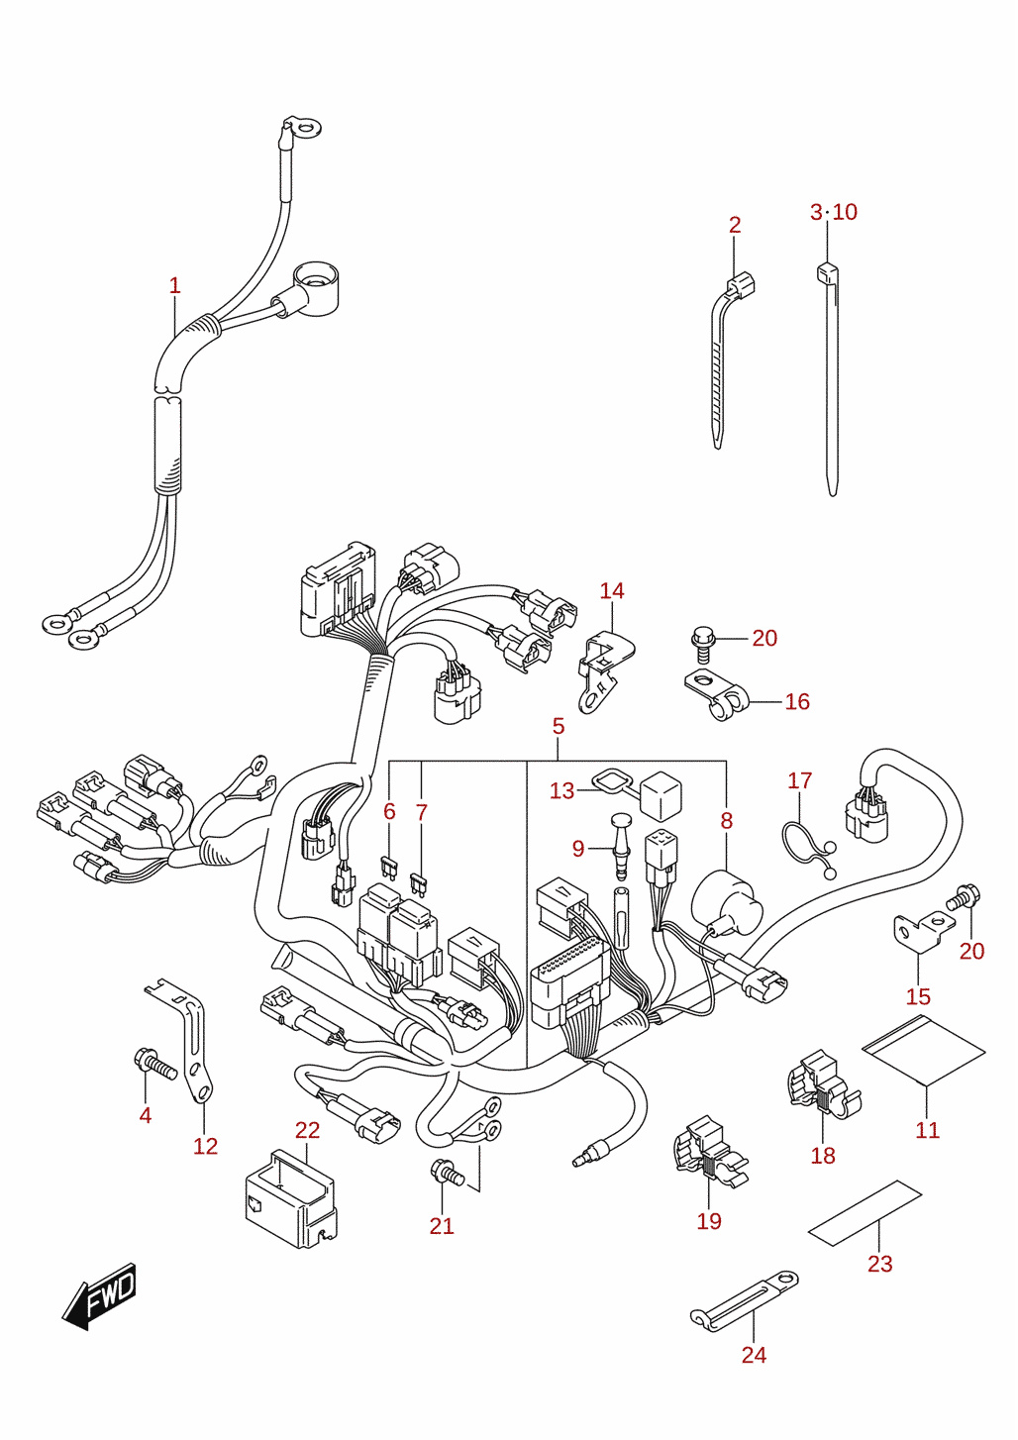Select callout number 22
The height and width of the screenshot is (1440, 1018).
307,1129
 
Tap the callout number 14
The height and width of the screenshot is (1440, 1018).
612,591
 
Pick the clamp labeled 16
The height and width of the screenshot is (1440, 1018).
715,694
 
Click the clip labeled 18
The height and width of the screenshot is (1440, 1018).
824,1086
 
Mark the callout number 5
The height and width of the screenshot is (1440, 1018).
558,726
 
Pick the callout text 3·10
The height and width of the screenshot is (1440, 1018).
834,212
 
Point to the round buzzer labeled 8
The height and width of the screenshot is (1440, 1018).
727,902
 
